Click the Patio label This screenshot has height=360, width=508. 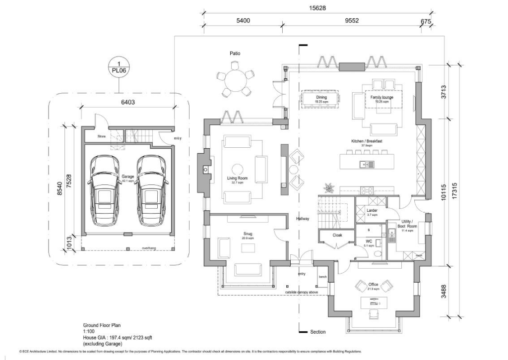tap(235, 53)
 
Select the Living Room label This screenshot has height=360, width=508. tap(237, 178)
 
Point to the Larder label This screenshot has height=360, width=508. tap(372, 211)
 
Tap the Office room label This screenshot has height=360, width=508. tap(373, 285)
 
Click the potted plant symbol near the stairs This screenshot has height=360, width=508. tap(328, 188)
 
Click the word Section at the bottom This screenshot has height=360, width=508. tap(317, 332)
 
